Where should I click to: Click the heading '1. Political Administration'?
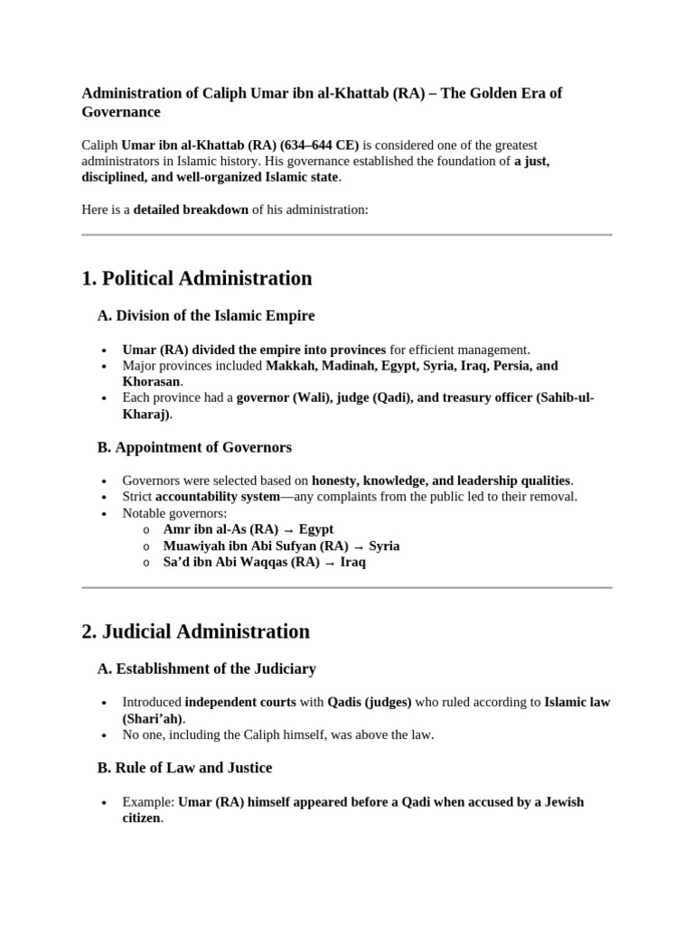point(196,278)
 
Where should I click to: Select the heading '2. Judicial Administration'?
point(195,631)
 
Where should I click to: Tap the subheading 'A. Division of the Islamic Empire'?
point(206,316)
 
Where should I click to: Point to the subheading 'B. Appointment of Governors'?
point(194,447)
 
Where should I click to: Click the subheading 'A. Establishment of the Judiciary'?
point(207,668)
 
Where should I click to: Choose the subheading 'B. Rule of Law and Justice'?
point(184,768)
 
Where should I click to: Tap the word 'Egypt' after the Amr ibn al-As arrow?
point(316,529)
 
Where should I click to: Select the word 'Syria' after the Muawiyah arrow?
point(384,546)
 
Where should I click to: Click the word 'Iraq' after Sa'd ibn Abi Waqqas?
point(352,562)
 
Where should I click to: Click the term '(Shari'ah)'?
point(153,718)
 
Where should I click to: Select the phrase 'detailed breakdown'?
point(191,210)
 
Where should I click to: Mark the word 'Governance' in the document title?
point(121,112)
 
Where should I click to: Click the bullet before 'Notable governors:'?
point(106,513)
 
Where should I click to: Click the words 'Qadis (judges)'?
point(369,702)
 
